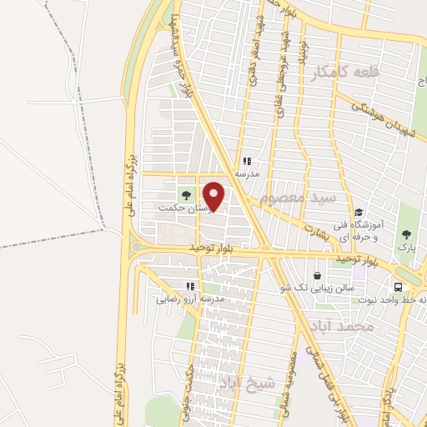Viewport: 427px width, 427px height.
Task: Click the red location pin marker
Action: [215, 196]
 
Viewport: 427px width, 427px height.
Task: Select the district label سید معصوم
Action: [298, 198]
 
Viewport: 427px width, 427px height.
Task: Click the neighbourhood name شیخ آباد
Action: [246, 384]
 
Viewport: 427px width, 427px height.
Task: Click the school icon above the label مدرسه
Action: [247, 161]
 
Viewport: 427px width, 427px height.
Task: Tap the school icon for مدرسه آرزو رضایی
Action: [191, 285]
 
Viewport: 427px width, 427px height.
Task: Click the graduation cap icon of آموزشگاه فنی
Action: [359, 212]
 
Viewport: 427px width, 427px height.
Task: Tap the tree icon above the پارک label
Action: [406, 234]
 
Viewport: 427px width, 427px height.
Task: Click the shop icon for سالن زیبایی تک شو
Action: [317, 275]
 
